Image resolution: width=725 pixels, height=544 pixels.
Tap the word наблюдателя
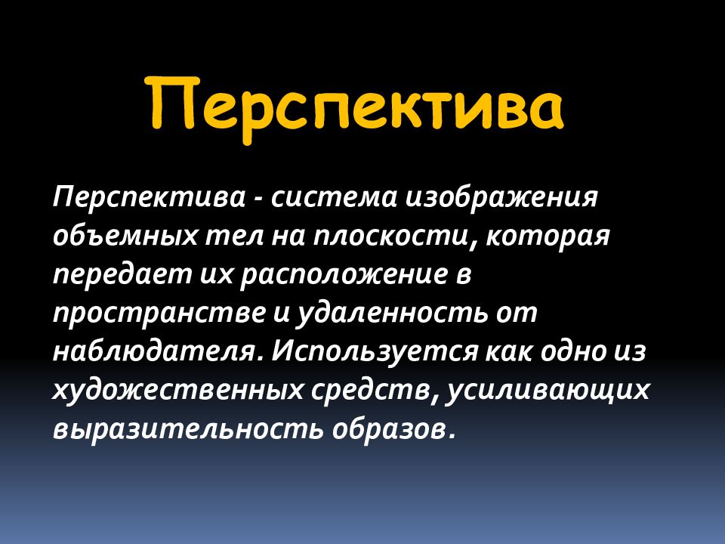pos(159,351)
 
